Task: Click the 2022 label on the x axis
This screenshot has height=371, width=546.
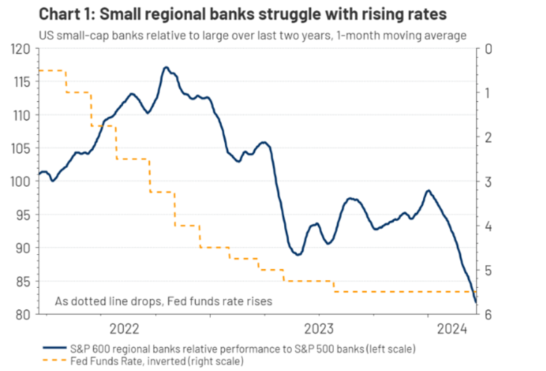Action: (x=125, y=327)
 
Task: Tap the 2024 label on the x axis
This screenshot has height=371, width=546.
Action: (x=451, y=327)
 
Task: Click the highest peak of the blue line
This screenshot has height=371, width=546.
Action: (x=166, y=68)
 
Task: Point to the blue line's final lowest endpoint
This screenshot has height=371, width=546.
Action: (x=475, y=302)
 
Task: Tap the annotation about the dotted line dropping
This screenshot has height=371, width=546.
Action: (x=164, y=300)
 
